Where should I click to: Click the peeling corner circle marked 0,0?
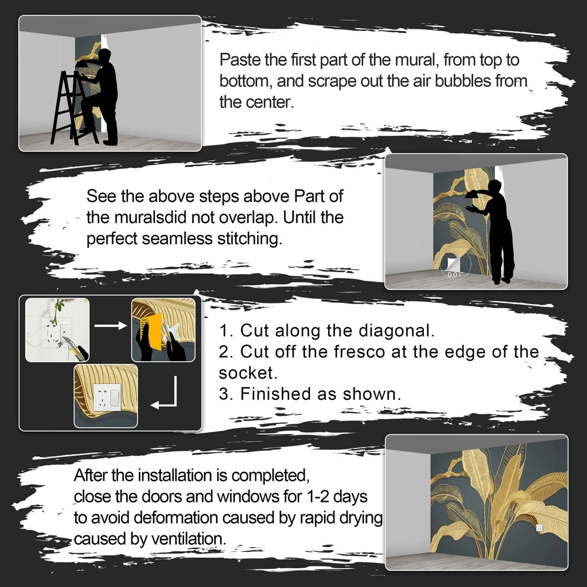point(455,267)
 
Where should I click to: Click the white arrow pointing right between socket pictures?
point(110,325)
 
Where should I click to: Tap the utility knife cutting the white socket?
point(75,348)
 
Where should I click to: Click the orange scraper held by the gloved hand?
point(151,331)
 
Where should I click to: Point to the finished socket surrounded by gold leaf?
point(107,397)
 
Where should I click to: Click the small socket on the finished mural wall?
point(539,528)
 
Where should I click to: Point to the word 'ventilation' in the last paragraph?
point(188,539)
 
